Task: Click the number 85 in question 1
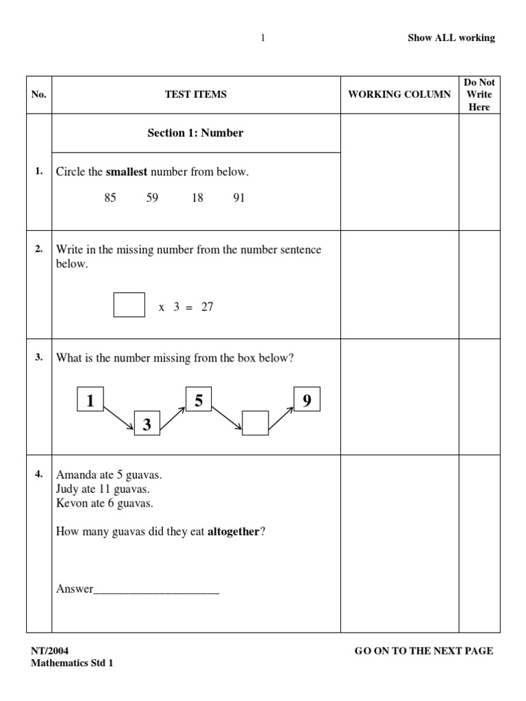pos(110,198)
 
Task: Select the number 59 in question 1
pos(152,198)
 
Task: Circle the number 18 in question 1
pos(197,198)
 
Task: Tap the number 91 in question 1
pos(238,198)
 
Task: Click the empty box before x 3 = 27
pos(129,305)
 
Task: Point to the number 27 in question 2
pos(207,307)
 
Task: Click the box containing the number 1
pos(90,401)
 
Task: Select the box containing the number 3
pos(147,424)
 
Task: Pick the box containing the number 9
pos(307,400)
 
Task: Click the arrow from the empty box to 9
pos(280,418)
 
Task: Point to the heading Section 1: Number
pos(195,133)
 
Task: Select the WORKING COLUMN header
pos(399,94)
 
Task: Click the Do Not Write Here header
pos(479,94)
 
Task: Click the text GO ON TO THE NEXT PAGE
pos(423,651)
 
